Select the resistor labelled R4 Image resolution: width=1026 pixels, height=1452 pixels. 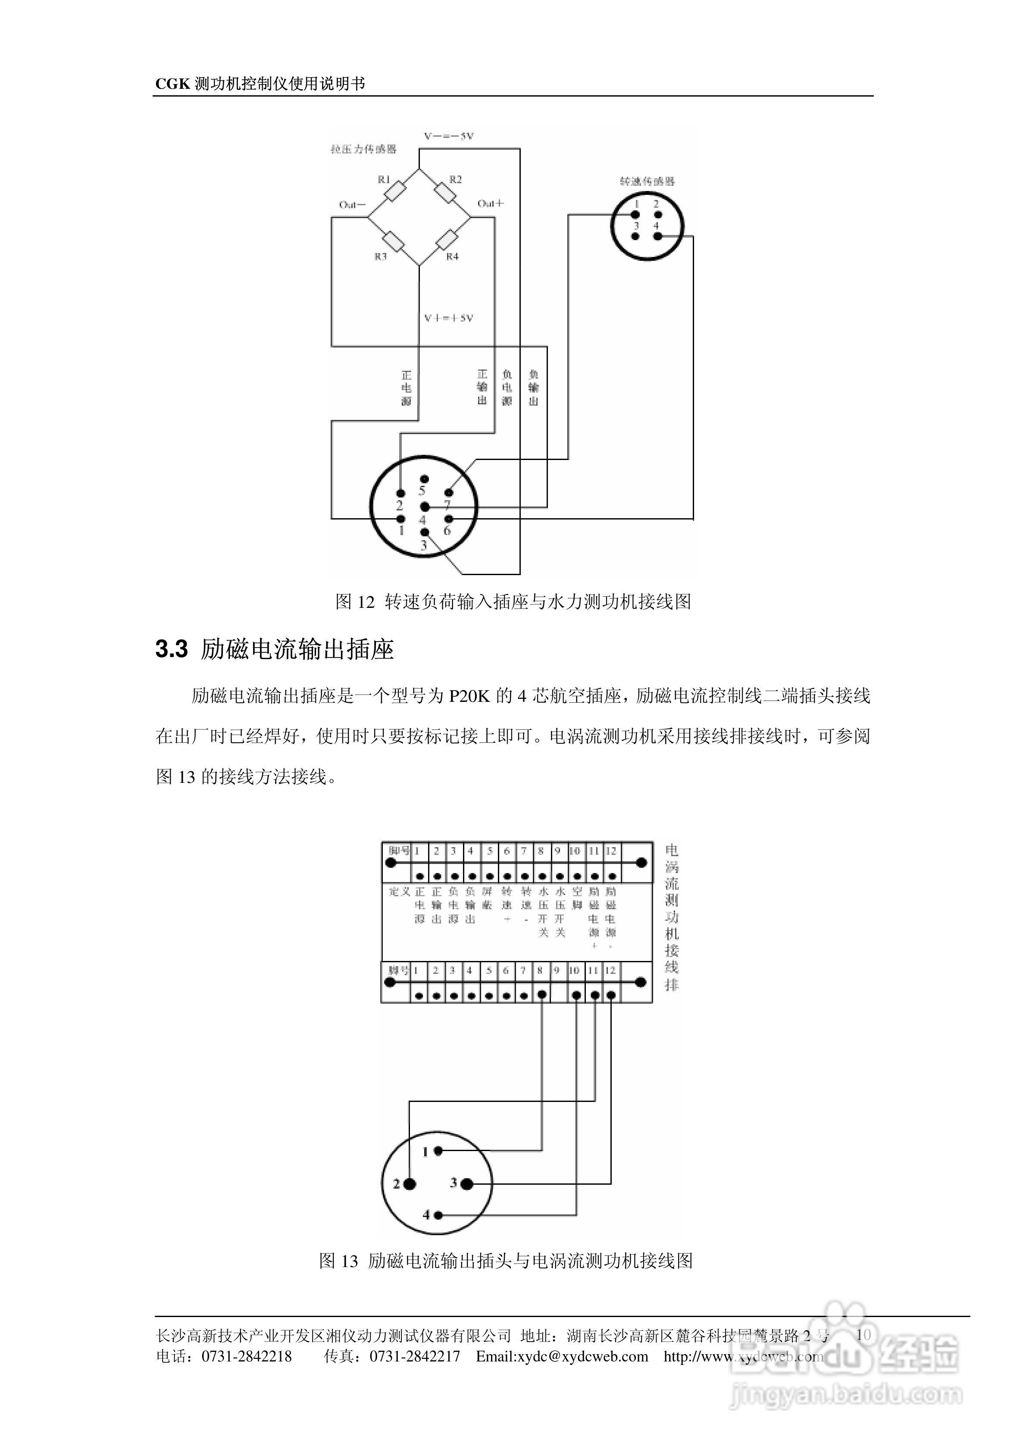point(447,241)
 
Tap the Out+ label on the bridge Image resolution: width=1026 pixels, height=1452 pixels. point(490,203)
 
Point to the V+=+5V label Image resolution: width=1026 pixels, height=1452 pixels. point(448,318)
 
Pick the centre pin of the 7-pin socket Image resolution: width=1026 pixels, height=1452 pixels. point(425,507)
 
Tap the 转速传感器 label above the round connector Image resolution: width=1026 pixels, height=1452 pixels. point(647,181)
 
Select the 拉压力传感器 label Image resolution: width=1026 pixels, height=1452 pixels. point(364,149)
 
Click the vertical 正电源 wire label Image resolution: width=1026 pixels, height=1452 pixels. point(406,388)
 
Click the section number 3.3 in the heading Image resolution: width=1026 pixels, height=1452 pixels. point(172,650)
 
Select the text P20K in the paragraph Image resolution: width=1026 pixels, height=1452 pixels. point(470,696)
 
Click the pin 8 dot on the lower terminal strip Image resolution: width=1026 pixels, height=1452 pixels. point(541,995)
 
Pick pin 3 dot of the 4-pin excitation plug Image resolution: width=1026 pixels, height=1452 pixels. point(467,1184)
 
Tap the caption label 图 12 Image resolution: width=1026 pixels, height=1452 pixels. point(355,601)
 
